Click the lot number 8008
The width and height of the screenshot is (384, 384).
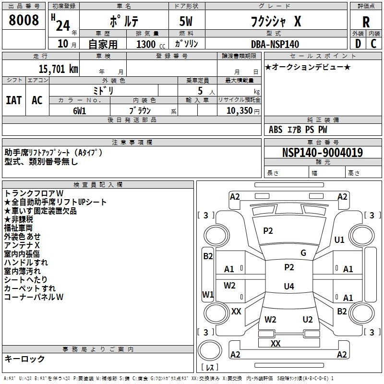coord(24,21)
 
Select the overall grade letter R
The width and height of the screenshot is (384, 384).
coord(366,22)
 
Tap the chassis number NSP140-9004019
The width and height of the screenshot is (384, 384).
coord(323,153)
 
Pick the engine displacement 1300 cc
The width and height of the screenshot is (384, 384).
coord(150,44)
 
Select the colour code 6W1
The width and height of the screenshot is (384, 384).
coord(80,110)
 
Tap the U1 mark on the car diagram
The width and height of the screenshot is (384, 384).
coord(340,240)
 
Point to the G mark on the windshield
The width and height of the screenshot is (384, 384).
coord(303,253)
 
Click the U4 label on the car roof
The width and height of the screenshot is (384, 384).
coord(288,287)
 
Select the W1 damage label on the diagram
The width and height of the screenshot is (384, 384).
coord(208,294)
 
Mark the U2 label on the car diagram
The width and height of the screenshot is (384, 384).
coord(308,320)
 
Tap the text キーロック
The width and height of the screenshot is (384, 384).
coord(25,359)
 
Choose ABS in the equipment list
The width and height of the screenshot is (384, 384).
coord(276,129)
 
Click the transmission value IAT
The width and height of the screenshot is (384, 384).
coord(14,100)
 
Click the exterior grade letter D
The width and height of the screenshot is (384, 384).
coord(358,44)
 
